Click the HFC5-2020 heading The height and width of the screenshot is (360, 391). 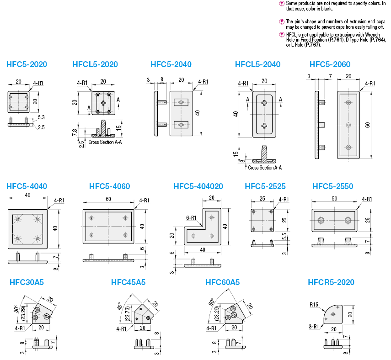pyautogui.click(x=27, y=64)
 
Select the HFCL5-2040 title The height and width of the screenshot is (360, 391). pyautogui.click(x=257, y=64)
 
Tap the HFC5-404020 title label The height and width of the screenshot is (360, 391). pyautogui.click(x=198, y=186)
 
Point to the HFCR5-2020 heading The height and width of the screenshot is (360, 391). pyautogui.click(x=331, y=282)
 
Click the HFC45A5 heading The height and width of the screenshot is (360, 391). pyautogui.click(x=128, y=282)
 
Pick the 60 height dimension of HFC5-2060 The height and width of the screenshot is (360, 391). pyautogui.click(x=367, y=125)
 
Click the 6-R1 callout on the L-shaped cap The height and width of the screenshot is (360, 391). pyautogui.click(x=191, y=218)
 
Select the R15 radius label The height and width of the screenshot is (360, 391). pyautogui.click(x=313, y=304)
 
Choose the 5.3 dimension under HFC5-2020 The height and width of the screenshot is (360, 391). pyautogui.click(x=41, y=117)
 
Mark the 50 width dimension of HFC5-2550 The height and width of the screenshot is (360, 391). pyautogui.click(x=335, y=199)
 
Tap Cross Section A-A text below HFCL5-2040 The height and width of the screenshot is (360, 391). pyautogui.click(x=264, y=168)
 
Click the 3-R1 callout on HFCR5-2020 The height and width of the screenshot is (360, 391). pyautogui.click(x=314, y=326)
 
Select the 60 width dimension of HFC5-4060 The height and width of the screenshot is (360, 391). pyautogui.click(x=108, y=199)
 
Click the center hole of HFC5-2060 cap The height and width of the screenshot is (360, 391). pyautogui.click(x=348, y=124)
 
